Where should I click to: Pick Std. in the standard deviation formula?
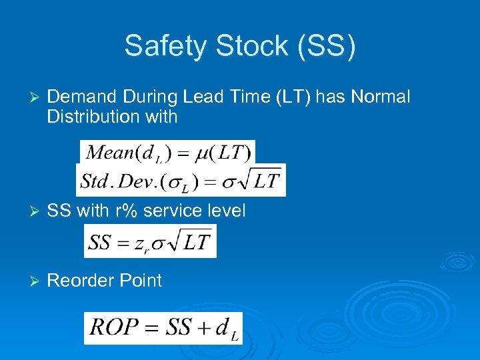95,181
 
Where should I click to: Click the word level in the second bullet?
225,211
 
